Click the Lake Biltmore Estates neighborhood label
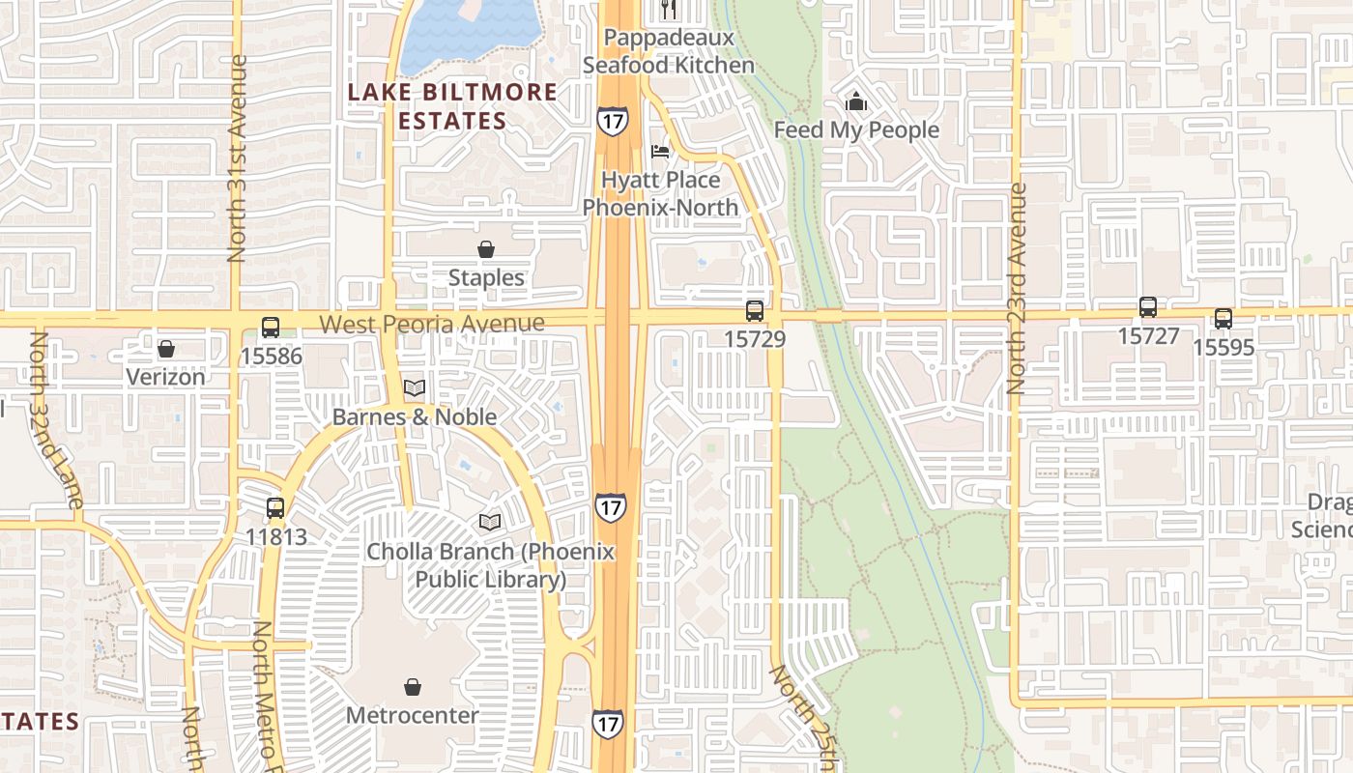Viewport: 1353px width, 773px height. click(452, 106)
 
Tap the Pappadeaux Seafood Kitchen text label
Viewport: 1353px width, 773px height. click(669, 51)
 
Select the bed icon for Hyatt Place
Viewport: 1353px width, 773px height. click(660, 152)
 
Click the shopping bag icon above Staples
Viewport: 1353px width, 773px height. click(486, 249)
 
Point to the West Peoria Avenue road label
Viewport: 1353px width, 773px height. click(432, 324)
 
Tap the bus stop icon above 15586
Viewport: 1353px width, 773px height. click(271, 328)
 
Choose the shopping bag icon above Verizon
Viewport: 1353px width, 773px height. click(166, 348)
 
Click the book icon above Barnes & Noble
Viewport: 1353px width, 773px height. click(415, 388)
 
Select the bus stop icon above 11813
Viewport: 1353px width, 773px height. click(275, 507)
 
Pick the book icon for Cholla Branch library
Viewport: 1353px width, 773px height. click(490, 523)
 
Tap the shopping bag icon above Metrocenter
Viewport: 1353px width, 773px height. click(413, 687)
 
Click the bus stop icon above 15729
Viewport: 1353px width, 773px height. click(755, 311)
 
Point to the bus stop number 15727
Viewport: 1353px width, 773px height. click(1148, 335)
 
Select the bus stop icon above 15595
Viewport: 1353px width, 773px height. click(1223, 319)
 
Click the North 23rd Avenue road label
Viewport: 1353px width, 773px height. click(1016, 288)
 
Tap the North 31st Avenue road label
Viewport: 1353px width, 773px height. click(237, 157)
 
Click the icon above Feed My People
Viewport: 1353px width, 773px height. click(856, 101)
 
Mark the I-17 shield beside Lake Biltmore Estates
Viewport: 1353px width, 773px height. click(612, 120)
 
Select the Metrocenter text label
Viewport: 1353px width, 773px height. click(412, 716)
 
